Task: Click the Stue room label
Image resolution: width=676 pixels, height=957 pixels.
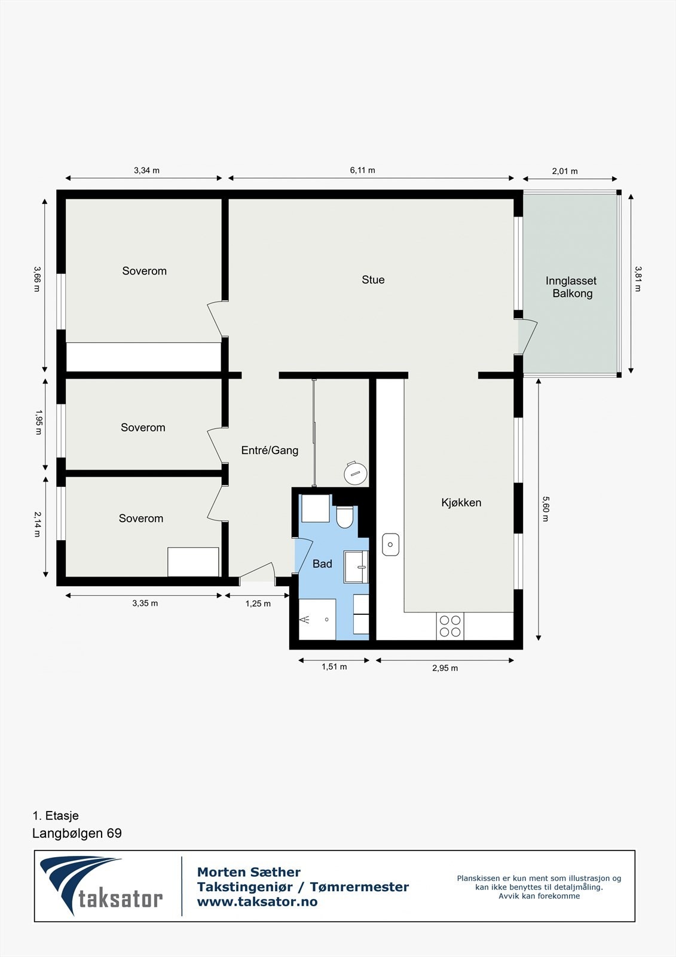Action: (x=373, y=279)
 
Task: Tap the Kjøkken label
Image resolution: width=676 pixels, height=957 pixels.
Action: (x=461, y=502)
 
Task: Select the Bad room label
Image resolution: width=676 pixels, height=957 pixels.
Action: (x=322, y=563)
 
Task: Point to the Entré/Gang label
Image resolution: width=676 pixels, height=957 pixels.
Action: (x=270, y=450)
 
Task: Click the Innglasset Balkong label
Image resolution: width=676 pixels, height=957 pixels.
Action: (x=571, y=287)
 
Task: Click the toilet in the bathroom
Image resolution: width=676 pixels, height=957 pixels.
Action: (x=344, y=517)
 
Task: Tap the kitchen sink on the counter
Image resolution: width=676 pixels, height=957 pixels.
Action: (x=390, y=544)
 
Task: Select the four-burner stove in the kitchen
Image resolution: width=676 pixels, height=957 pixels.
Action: (x=450, y=626)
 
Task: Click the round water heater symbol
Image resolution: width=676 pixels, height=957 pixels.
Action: (x=355, y=474)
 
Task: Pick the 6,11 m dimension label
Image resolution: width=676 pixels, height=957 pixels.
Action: (x=362, y=170)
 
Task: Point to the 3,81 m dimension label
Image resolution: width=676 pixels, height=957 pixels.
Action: (x=638, y=279)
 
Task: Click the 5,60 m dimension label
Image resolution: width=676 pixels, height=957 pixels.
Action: (x=545, y=508)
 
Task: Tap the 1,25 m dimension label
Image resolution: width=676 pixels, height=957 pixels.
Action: (x=258, y=604)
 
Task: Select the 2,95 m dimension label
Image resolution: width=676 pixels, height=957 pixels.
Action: (x=445, y=668)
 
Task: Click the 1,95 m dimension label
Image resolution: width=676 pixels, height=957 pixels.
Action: (x=38, y=422)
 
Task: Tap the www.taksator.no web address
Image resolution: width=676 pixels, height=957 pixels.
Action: (x=257, y=902)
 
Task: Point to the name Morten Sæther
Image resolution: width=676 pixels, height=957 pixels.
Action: (x=249, y=872)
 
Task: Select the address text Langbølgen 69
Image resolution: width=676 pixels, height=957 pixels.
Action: (x=77, y=833)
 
